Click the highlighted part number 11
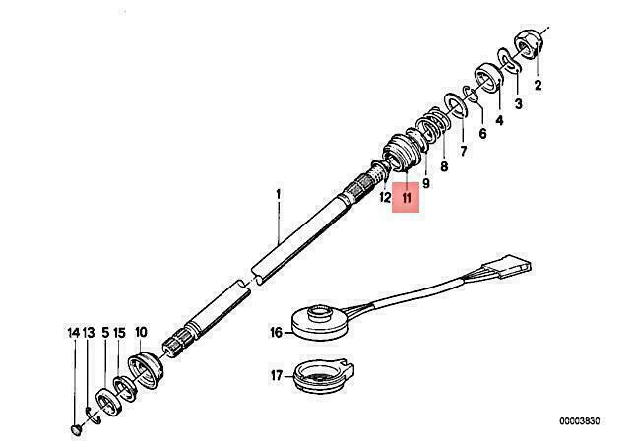coord(407,198)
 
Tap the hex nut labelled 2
coord(529,45)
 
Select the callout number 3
coord(519,104)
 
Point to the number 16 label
coord(277,333)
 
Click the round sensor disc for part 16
coord(320,323)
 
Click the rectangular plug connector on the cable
coord(507,265)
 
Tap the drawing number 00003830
coord(580,421)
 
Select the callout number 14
coord(74,333)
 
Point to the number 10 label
coord(141,333)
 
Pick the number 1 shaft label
coord(279,195)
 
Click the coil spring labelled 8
coord(432,127)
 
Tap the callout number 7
coord(463,152)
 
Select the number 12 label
coord(385,198)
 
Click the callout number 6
coord(482,134)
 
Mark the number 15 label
coord(119,333)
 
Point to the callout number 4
coord(500,120)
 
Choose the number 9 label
coord(425,183)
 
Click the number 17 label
coord(277,376)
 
